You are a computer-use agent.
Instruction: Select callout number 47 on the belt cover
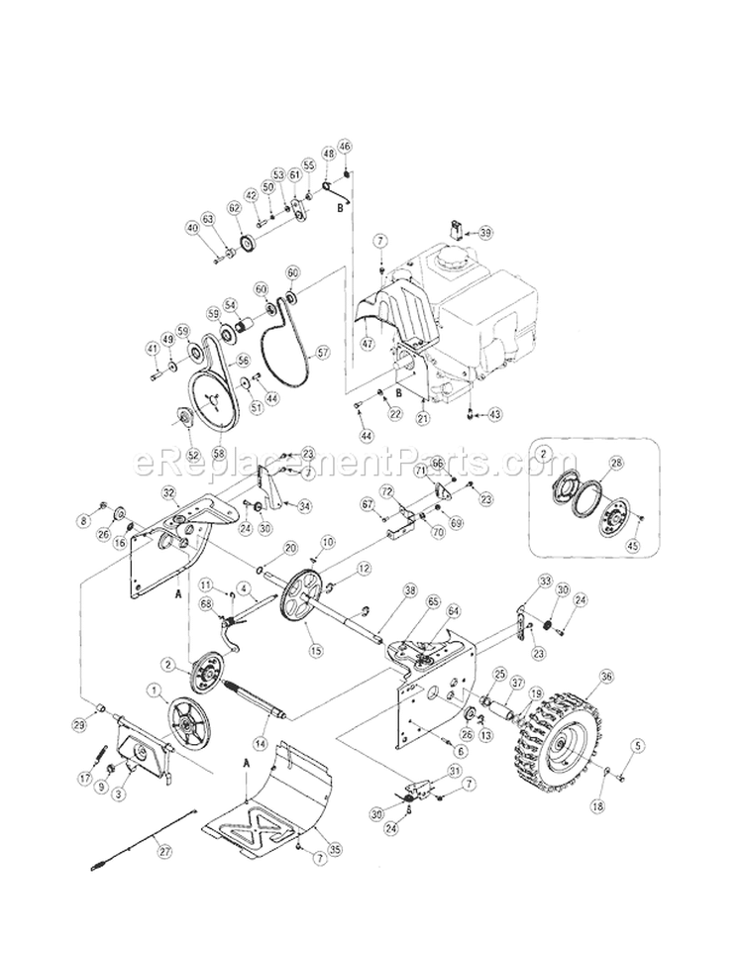(x=369, y=342)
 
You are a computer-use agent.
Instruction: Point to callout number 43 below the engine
(x=495, y=412)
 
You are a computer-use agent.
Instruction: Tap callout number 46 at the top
(x=345, y=147)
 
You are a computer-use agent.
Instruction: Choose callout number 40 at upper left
(x=191, y=227)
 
